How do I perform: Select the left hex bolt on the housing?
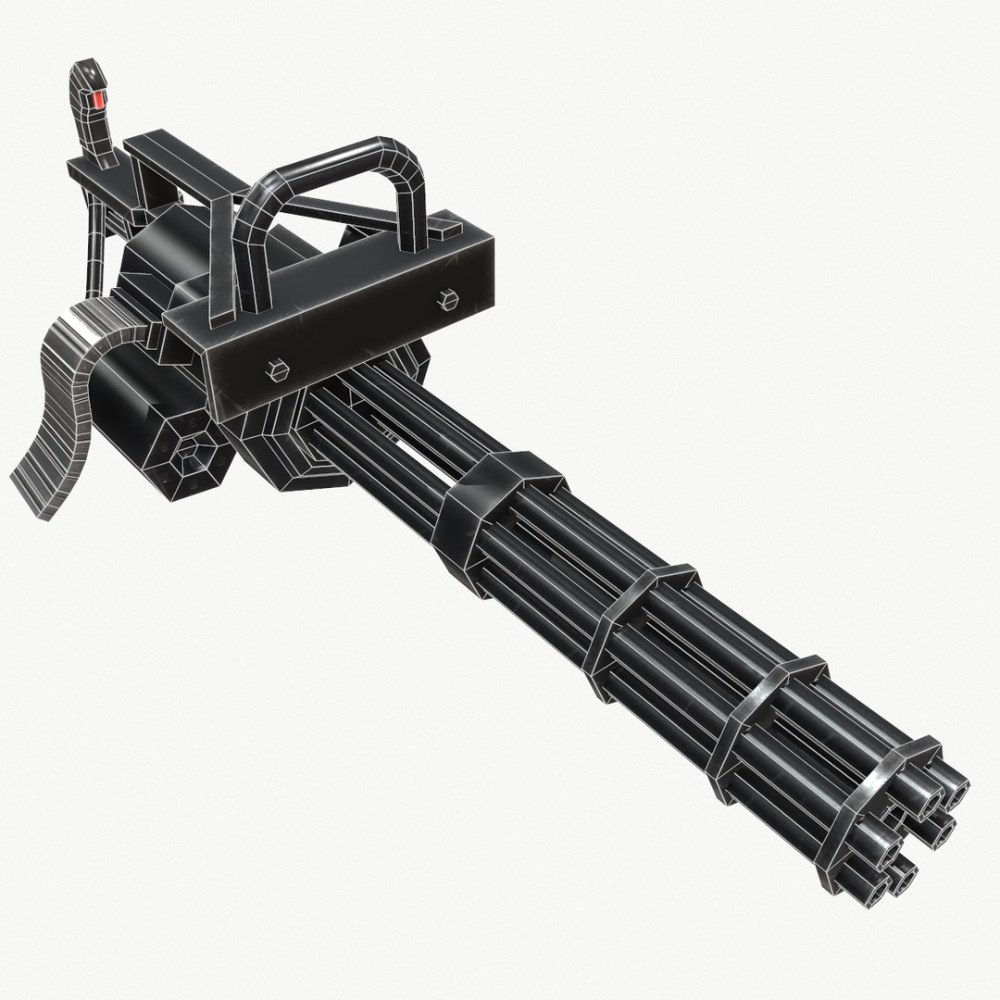tap(278, 369)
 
